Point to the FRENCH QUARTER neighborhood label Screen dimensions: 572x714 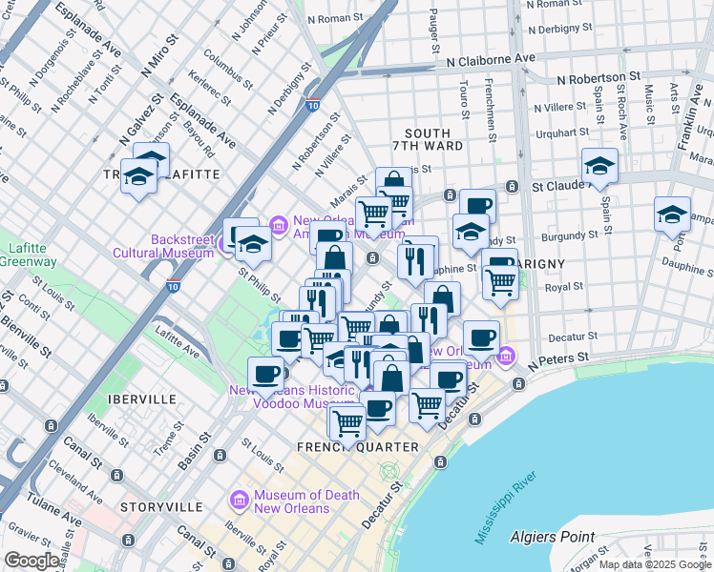point(357,447)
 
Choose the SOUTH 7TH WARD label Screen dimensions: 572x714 point(433,139)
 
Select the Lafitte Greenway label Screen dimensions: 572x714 point(27,255)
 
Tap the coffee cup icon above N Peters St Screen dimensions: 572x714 point(481,337)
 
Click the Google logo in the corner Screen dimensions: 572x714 point(31,561)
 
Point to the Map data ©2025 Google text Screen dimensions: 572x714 point(655,564)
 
